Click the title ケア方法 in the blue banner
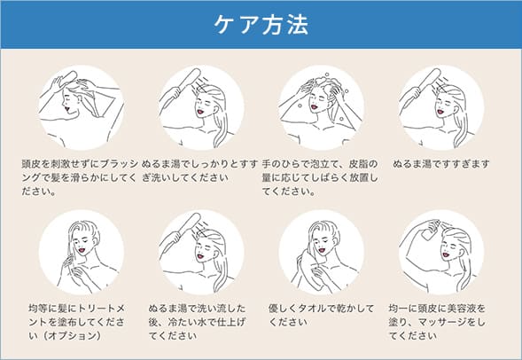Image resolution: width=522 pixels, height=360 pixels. (x=261, y=24)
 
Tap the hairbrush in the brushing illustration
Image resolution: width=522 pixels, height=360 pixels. (x=68, y=78)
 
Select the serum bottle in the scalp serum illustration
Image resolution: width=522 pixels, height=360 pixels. (x=430, y=229)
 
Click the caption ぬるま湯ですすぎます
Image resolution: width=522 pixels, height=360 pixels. (x=441, y=164)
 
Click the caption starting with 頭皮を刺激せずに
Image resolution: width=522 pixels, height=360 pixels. (x=80, y=177)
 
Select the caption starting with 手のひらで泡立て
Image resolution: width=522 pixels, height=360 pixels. (x=320, y=177)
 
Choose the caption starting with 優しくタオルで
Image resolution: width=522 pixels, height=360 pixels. (x=322, y=315)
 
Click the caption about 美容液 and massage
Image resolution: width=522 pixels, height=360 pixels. (x=437, y=322)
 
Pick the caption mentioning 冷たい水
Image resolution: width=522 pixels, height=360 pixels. (x=197, y=322)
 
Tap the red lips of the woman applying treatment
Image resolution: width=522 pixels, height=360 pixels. (x=82, y=249)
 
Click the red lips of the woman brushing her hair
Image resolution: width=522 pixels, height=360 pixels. (x=68, y=108)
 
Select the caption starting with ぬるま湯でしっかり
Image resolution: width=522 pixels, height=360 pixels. (x=199, y=170)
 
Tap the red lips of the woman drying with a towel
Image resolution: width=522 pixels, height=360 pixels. (x=321, y=250)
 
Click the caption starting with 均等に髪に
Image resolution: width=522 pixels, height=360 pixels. (x=76, y=322)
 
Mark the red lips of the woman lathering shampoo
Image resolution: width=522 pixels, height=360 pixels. (x=314, y=107)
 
